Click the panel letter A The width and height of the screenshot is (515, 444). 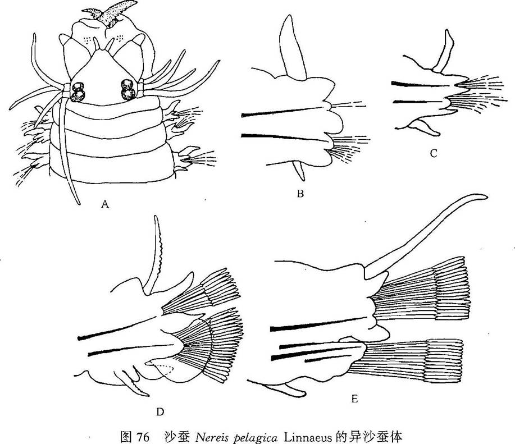105,204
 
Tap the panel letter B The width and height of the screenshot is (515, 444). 300,193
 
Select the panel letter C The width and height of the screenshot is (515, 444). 434,153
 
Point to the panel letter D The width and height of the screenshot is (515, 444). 160,411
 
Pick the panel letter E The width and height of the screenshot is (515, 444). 354,399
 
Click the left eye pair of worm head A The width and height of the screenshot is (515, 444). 78,91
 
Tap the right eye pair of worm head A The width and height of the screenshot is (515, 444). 127,89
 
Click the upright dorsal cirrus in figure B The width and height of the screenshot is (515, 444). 292,48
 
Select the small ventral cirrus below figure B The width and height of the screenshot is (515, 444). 299,170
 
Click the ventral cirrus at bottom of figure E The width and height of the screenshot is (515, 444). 285,390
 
